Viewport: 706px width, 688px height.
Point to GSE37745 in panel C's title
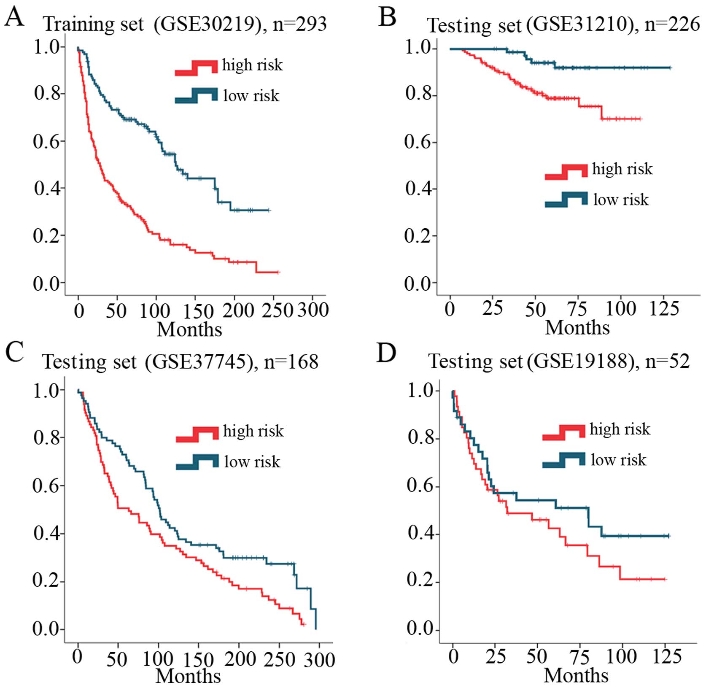tap(200, 362)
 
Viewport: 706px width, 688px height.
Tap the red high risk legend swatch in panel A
tap(196, 67)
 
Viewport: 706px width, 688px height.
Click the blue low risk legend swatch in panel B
tap(566, 199)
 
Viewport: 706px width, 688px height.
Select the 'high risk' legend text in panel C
tap(253, 431)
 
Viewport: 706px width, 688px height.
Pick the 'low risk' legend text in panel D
tap(618, 460)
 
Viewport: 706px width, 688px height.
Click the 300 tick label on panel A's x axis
tap(313, 310)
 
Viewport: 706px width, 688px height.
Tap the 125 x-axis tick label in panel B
tap(664, 309)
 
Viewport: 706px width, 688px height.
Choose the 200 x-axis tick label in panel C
tap(240, 658)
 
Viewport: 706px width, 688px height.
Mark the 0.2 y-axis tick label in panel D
tap(420, 581)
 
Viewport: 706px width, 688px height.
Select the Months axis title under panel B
tap(577, 328)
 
